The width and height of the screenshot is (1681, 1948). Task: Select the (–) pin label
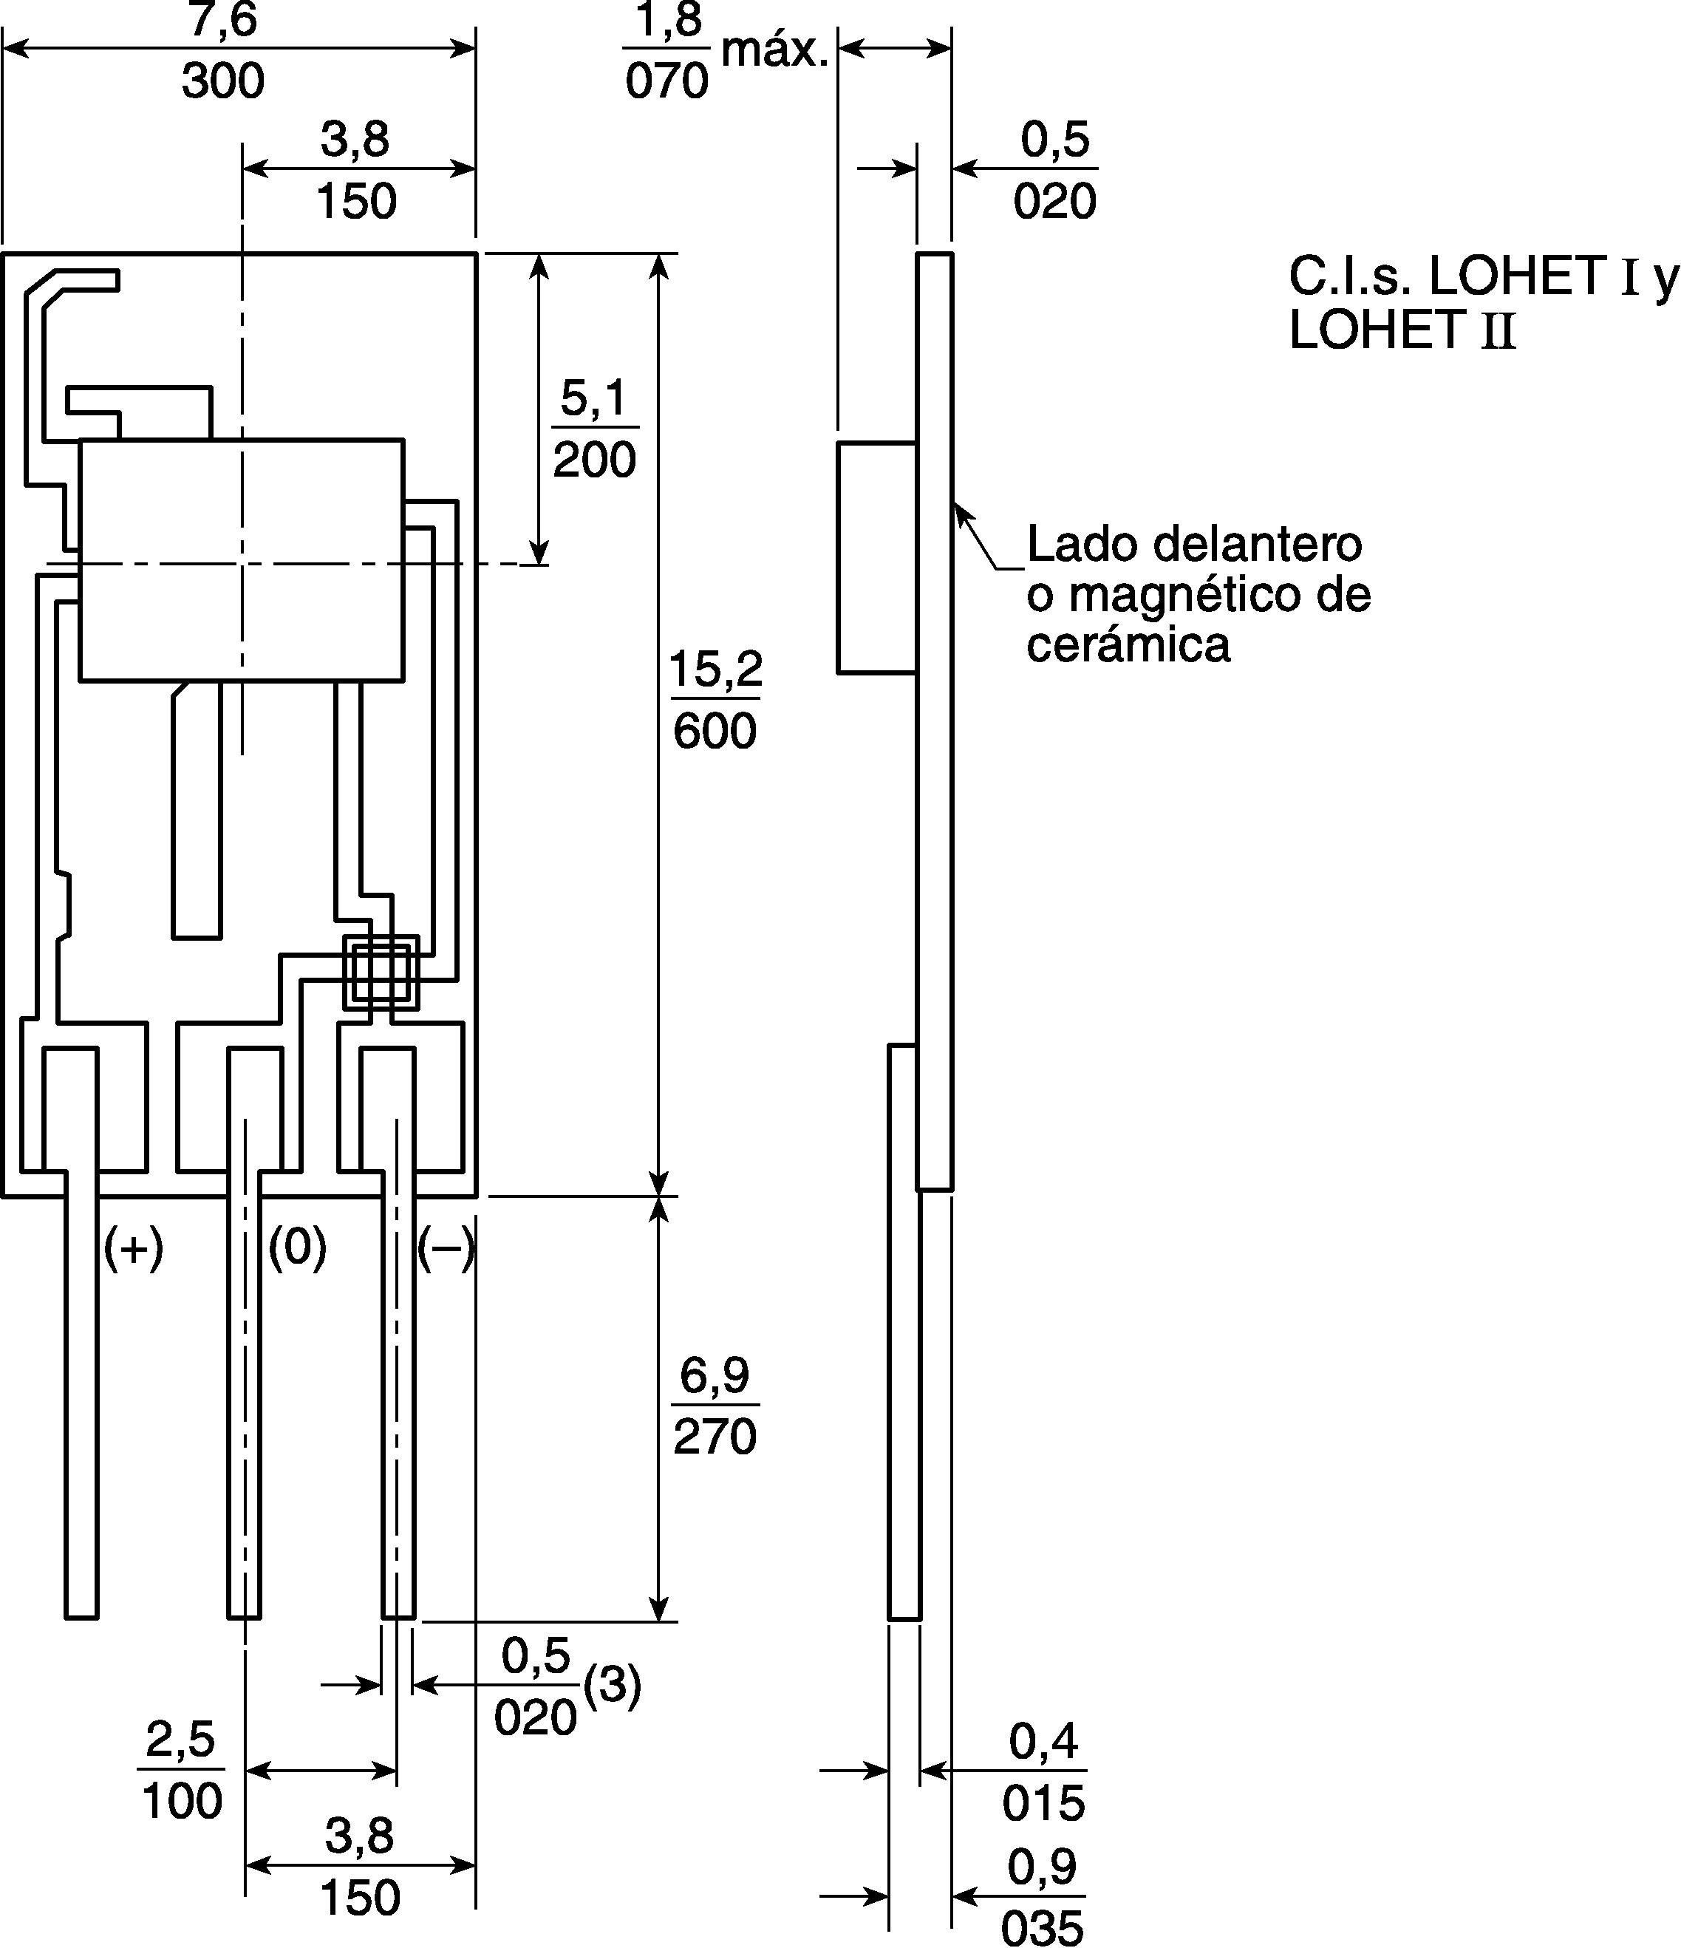pyautogui.click(x=446, y=1248)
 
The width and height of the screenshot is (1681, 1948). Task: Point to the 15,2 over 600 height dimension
pyautogui.click(x=715, y=700)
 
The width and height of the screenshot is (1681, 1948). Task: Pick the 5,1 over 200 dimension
pyautogui.click(x=594, y=429)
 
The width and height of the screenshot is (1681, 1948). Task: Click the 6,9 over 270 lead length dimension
pyautogui.click(x=715, y=1406)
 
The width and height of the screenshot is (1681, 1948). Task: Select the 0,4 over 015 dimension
pyautogui.click(x=1043, y=1771)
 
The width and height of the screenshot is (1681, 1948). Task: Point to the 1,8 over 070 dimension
pyautogui.click(x=666, y=51)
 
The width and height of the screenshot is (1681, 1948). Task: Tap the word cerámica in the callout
pyautogui.click(x=1128, y=645)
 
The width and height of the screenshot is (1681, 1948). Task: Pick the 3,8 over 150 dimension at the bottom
pyautogui.click(x=360, y=1865)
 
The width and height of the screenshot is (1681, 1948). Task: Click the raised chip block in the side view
pyautogui.click(x=877, y=557)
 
